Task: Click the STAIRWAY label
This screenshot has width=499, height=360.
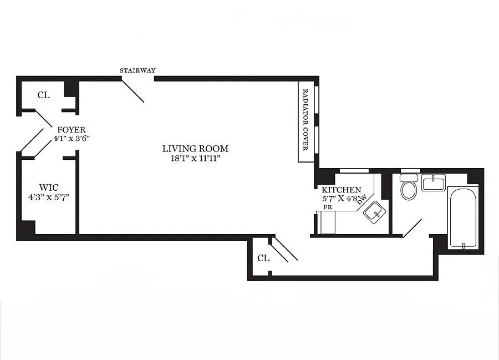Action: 138,70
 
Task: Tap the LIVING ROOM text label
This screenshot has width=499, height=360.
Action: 195,149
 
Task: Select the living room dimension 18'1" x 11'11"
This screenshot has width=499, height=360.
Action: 195,158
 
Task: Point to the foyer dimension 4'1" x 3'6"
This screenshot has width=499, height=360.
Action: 72,138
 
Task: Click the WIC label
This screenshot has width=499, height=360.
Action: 49,187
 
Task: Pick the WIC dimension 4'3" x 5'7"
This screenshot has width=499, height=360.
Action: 49,196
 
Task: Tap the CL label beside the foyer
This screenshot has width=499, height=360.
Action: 43,95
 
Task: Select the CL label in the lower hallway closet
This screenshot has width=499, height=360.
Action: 263,258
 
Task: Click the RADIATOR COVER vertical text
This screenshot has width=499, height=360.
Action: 305,122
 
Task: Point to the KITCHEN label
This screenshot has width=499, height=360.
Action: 341,190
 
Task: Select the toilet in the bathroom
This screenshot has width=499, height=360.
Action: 409,188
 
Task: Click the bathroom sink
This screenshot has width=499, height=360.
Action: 434,182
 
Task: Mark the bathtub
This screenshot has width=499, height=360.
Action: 462,218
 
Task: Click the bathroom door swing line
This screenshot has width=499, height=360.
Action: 412,229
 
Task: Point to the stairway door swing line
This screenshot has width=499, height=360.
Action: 133,90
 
